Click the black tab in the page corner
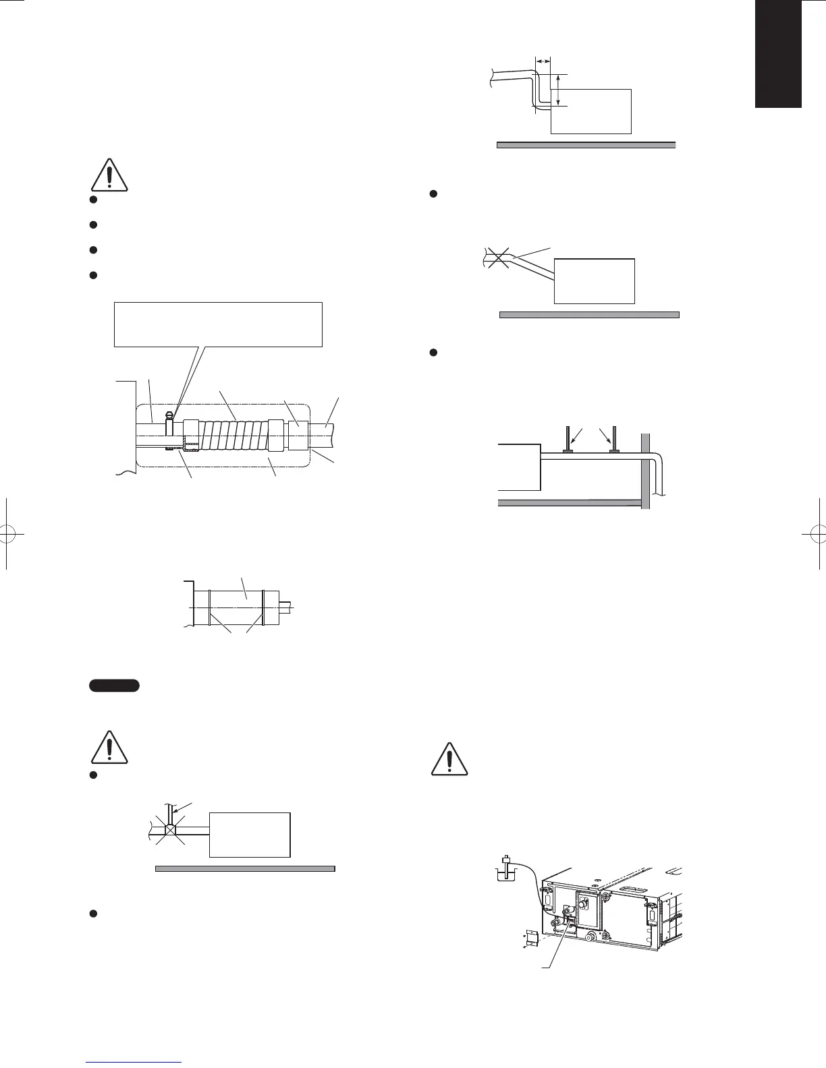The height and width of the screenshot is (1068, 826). tap(778, 54)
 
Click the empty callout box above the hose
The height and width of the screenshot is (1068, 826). tap(218, 324)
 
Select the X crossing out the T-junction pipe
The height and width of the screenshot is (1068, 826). tap(169, 825)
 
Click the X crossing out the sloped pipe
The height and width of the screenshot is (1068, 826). tap(498, 257)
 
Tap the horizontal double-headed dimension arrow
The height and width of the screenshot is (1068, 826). tap(543, 62)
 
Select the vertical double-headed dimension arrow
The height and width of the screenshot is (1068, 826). tap(559, 90)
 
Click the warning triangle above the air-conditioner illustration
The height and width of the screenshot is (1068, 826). tap(450, 759)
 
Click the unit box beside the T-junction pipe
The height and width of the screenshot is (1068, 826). tap(250, 834)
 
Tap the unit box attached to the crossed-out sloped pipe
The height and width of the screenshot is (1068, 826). tap(594, 280)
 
